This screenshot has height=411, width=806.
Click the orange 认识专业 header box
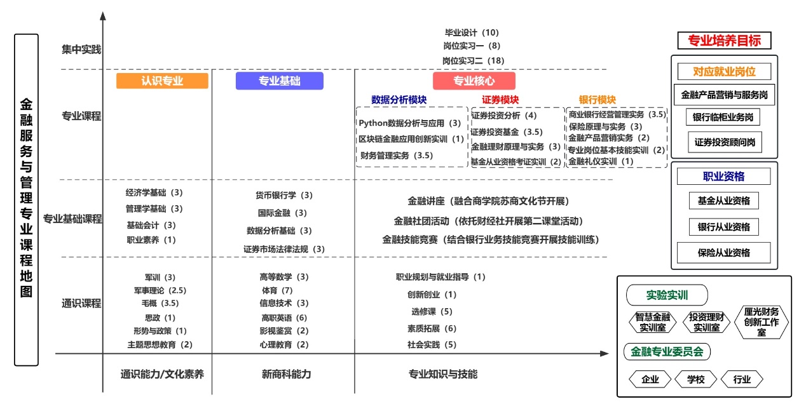pos(162,81)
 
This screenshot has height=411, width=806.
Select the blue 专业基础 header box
pos(279,81)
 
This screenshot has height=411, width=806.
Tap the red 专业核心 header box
pos(474,81)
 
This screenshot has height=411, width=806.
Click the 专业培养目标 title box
pos(724,40)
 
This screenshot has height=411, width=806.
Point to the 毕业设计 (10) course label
pos(472,33)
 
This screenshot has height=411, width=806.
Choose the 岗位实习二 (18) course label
pos(473,60)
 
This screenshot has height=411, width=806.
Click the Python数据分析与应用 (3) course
pos(409,123)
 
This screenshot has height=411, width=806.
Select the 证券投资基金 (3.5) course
pos(507,132)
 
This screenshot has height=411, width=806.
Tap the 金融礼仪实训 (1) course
pos(601,161)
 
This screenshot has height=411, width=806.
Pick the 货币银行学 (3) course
pos(284,195)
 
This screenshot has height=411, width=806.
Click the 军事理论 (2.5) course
pos(160,290)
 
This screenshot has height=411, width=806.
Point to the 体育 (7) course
pos(277,290)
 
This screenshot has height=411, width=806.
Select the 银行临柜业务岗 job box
pos(723,118)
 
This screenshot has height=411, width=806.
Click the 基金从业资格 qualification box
pos(723,201)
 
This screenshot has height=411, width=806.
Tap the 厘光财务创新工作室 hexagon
pos(761,322)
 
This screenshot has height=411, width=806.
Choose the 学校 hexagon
pos(695,379)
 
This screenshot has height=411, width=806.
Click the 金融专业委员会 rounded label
pos(667,352)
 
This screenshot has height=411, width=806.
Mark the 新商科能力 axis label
pos(286,374)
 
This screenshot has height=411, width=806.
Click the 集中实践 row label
pos(81,50)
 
